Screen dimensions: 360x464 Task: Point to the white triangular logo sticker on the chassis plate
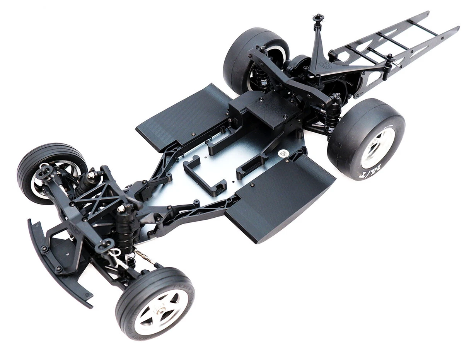[x=283, y=153]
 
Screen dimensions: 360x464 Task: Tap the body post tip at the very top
[x=318, y=17]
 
